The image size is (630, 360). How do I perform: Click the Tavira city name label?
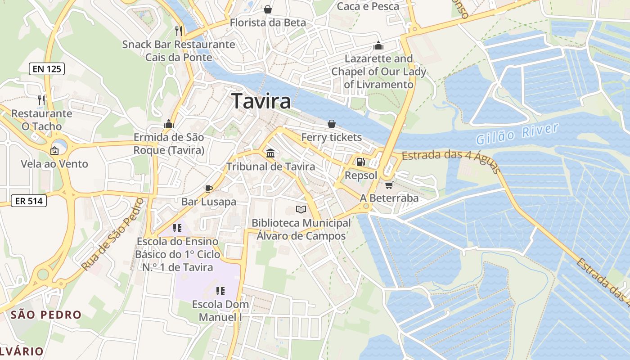tap(261, 102)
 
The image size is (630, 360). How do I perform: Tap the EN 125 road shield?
tap(47, 69)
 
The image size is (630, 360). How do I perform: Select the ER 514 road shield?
tap(29, 201)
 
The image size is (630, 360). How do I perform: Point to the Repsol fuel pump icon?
tap(360, 162)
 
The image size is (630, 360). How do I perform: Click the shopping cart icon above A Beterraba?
tap(389, 185)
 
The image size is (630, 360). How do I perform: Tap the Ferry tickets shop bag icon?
tap(332, 124)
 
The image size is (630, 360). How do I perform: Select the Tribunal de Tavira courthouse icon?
tap(270, 153)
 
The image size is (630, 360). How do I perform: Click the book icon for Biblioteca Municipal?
tap(301, 209)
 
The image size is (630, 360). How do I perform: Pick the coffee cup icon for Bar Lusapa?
tap(208, 189)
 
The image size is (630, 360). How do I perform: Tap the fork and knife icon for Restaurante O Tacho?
tap(42, 100)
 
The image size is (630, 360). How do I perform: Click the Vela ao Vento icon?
tap(54, 151)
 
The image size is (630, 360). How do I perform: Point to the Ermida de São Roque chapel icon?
tap(169, 124)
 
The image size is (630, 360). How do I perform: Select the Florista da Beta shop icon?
tap(268, 9)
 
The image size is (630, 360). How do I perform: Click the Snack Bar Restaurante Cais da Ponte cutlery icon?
tap(179, 31)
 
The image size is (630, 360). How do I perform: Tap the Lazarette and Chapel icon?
tap(378, 45)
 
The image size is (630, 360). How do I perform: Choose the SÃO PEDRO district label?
tap(46, 315)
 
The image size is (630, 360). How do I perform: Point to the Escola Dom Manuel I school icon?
tap(220, 291)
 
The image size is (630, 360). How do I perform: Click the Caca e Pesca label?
tap(368, 6)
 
